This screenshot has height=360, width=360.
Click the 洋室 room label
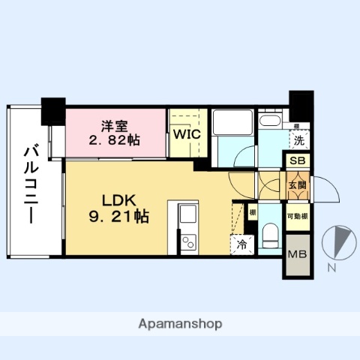(115, 125)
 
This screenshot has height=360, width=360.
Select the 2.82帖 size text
(115, 140)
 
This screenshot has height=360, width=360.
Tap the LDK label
(117, 201)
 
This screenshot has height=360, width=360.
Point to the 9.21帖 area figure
(117, 217)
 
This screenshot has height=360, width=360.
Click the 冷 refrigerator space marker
(241, 244)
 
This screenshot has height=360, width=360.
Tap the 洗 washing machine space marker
(298, 139)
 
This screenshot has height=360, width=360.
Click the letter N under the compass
(331, 268)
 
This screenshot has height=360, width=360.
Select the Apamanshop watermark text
(180, 325)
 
